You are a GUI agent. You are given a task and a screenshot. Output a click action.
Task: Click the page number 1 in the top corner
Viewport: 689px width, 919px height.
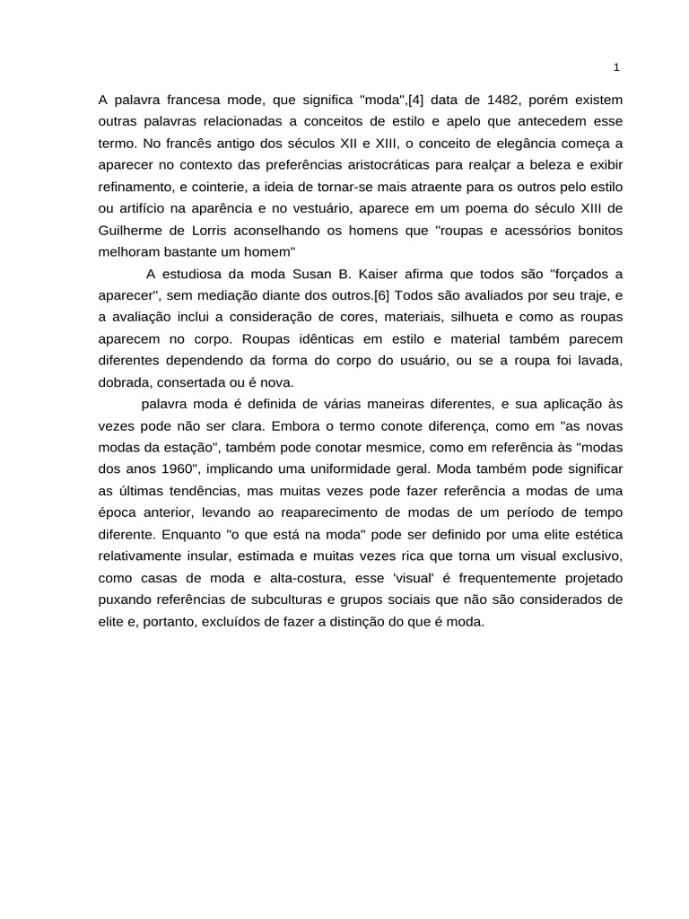pos(616,67)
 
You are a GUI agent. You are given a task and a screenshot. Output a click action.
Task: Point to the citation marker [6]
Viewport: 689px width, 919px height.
pos(375,295)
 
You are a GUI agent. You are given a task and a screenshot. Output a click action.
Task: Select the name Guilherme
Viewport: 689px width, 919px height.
pos(131,230)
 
